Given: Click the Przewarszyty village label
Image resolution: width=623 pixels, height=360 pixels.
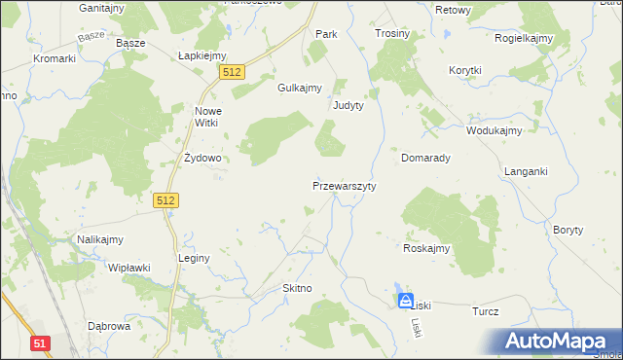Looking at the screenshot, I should tap(344, 185).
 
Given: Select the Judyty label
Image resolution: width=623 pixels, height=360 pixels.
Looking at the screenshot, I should tap(348, 105).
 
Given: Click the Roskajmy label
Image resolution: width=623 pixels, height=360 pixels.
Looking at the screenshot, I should tap(426, 248).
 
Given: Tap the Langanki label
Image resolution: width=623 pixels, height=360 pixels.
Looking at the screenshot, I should tap(526, 171).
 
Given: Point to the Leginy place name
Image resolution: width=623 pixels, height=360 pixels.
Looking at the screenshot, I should tap(194, 259).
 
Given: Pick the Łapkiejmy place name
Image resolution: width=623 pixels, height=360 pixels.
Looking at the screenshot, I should tap(202, 55).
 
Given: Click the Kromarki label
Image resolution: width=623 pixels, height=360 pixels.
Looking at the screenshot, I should tap(55, 58).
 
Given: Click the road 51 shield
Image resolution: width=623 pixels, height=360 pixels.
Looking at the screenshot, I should tap(40, 342).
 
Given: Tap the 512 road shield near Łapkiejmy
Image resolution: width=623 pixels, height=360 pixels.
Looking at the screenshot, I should tap(232, 72).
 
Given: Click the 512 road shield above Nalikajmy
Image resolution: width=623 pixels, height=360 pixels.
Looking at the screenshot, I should tap(166, 200).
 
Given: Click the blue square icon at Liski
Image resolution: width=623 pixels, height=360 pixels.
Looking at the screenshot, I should tap(406, 301).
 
